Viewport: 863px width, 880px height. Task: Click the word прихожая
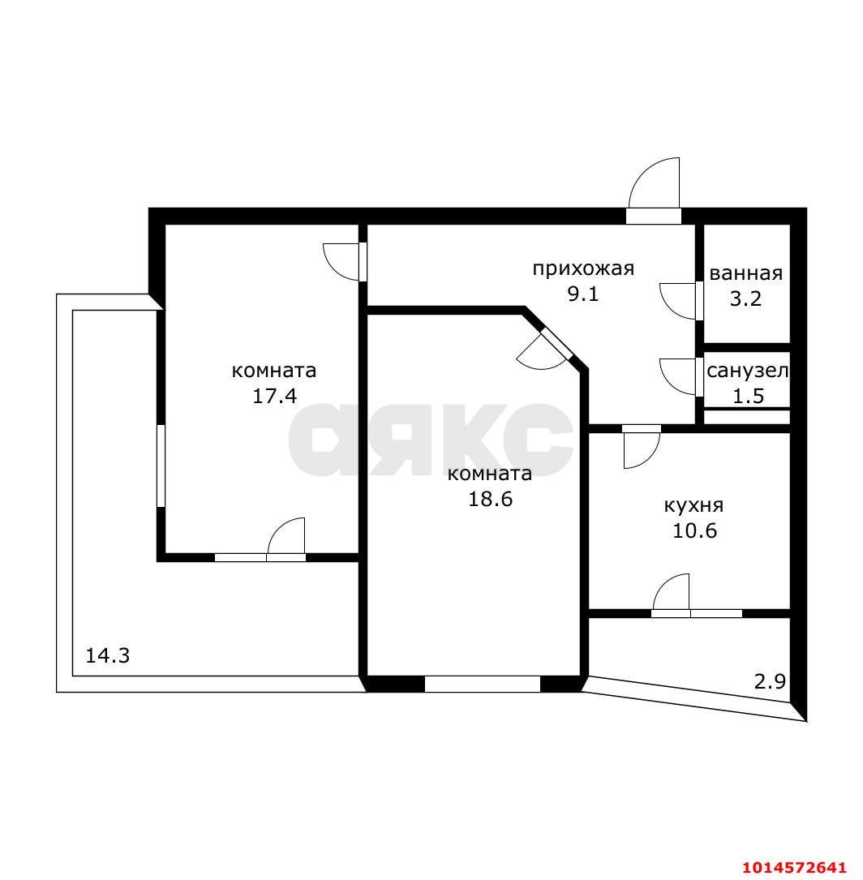[583, 268]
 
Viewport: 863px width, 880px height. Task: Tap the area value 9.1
[583, 294]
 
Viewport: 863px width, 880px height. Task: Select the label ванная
[745, 274]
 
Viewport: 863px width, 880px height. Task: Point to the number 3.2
[745, 298]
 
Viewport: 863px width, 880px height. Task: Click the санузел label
[747, 371]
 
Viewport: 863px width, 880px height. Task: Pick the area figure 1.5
[749, 397]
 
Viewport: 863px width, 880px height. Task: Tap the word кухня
[694, 505]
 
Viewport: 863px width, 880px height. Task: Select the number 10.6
[694, 530]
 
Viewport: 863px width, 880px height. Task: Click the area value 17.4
[274, 397]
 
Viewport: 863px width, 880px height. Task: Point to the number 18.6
[491, 498]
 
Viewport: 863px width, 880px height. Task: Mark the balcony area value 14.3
[107, 655]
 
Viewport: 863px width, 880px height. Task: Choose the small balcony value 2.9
[769, 682]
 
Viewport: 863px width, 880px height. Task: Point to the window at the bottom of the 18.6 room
[482, 685]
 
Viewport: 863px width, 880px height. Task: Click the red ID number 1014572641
[794, 867]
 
